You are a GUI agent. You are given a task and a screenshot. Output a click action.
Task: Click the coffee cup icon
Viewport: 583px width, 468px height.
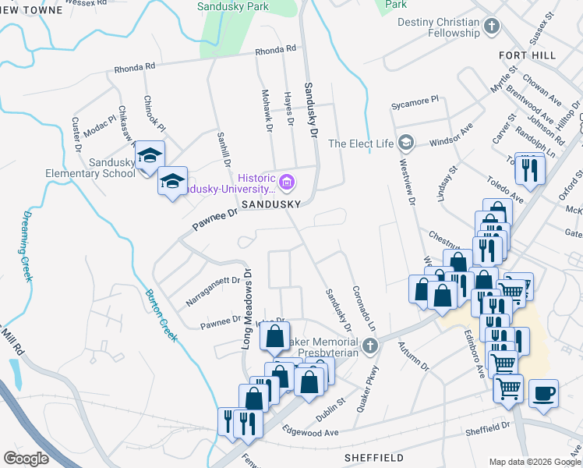click(544, 392)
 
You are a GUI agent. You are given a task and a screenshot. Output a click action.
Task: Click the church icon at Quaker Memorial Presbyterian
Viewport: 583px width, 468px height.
click(370, 345)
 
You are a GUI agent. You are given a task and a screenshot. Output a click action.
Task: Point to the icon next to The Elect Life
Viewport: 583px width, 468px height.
click(405, 143)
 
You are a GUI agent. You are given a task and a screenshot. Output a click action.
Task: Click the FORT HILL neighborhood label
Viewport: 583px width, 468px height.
click(528, 55)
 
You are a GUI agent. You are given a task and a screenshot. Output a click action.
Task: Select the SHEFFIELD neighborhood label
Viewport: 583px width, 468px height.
click(374, 457)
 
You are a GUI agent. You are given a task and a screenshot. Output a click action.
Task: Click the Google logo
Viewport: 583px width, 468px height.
click(26, 459)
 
